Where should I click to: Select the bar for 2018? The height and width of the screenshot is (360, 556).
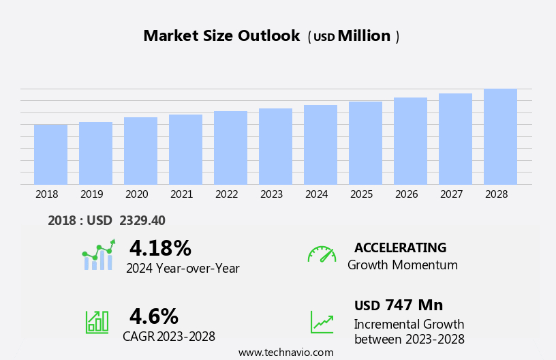[50, 155]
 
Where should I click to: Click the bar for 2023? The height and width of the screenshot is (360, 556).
[275, 147]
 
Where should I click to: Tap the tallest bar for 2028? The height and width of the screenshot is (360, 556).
[500, 136]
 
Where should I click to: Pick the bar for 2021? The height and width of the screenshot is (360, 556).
[185, 149]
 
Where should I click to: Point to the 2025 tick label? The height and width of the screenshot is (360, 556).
[361, 194]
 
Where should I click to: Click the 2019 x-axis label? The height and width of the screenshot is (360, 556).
[91, 194]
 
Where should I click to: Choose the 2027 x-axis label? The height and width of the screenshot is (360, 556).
[451, 194]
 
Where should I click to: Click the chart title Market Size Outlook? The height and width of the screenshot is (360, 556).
[221, 36]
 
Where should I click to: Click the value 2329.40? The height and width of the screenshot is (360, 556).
[142, 220]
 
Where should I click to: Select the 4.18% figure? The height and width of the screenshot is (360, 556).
[160, 248]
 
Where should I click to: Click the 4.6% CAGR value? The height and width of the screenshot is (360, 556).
[153, 316]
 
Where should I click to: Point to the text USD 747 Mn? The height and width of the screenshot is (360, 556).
[399, 305]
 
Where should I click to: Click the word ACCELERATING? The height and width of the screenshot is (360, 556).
[400, 248]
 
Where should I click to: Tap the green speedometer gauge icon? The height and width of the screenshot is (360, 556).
[322, 254]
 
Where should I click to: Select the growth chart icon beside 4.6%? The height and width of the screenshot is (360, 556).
[97, 321]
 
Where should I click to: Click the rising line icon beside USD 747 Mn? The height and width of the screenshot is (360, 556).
[322, 322]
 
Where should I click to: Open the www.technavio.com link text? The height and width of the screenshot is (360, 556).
[285, 352]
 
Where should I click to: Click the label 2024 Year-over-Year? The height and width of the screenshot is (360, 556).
[183, 269]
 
